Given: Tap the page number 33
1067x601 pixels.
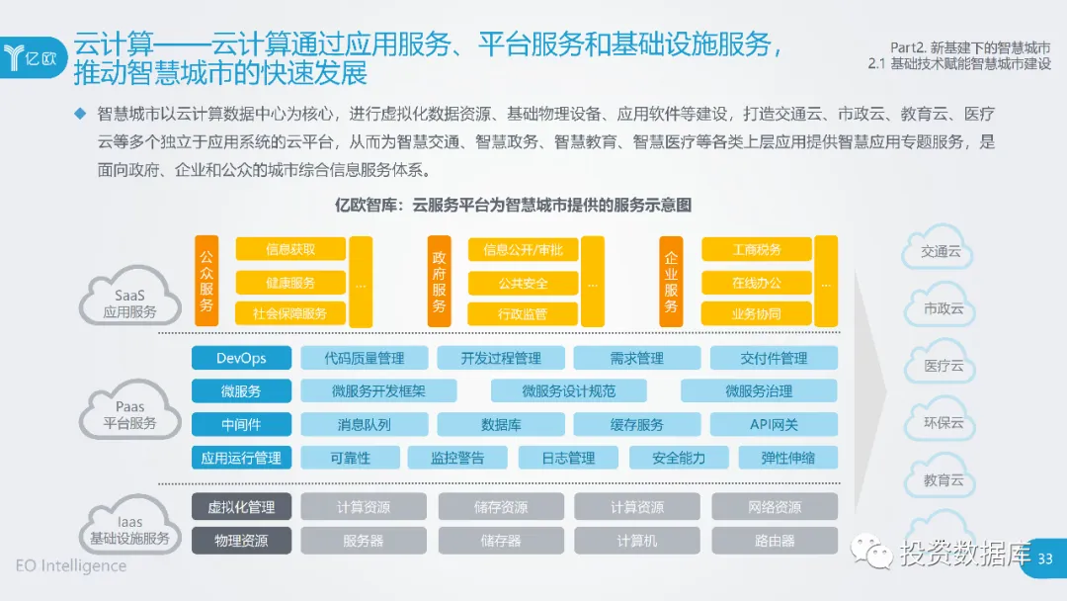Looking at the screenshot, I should tap(1044, 559).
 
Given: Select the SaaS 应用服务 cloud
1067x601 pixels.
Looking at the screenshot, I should tap(129, 297).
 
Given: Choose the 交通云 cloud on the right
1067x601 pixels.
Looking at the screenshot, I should tap(941, 251).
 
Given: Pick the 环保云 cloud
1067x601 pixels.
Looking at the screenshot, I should tap(943, 423).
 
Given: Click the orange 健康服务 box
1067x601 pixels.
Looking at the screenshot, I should tap(290, 283).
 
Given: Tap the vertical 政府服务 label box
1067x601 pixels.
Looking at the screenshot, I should tap(440, 282).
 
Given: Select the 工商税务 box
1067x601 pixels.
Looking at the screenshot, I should tap(757, 250).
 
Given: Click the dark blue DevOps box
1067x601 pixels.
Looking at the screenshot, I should tap(241, 358).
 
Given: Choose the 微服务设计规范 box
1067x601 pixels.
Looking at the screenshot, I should tap(568, 390).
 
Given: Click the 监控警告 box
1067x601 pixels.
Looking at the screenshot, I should tap(457, 458).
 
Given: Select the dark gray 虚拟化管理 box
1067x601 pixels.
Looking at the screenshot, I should tap(241, 507).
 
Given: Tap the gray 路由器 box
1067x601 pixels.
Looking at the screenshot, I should tap(775, 541).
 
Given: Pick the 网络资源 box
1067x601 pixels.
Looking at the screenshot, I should tap(775, 507).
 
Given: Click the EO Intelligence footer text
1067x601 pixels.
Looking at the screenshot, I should tap(71, 566).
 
